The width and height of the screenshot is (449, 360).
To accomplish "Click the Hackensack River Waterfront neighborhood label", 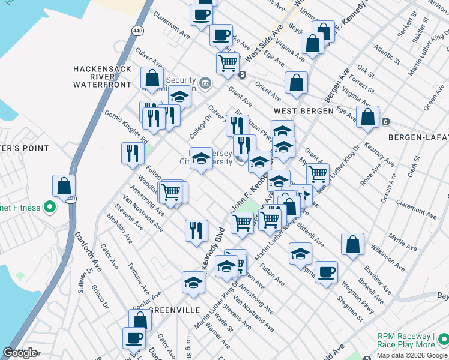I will [x=101, y=77].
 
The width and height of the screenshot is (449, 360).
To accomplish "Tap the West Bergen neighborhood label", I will [x=303, y=112].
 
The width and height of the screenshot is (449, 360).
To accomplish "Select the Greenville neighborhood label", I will [x=174, y=310].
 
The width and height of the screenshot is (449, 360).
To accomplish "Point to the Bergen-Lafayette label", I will [x=418, y=137].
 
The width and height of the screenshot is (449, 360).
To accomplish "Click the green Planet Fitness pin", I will [x=50, y=208].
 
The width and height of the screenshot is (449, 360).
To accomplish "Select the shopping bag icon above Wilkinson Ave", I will [x=353, y=244].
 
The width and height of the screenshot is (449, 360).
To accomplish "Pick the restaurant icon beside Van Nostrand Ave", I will [x=196, y=231].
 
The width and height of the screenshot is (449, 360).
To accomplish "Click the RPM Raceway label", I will [x=406, y=340].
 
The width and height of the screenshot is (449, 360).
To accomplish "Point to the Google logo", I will [x=20, y=353].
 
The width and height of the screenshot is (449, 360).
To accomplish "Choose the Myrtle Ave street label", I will [x=402, y=244].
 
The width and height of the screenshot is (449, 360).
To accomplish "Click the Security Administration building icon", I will [x=205, y=82].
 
